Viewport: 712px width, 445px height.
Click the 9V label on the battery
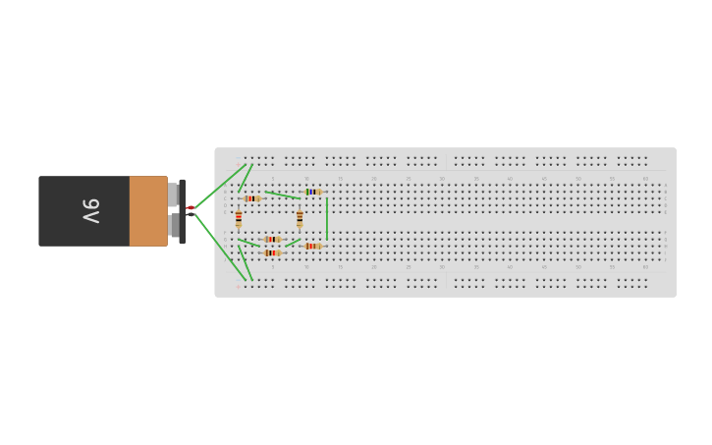[90, 210]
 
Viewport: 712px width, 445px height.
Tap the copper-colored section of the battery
[148, 210]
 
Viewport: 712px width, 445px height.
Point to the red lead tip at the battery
[191, 207]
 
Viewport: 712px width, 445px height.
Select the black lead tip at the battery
[191, 214]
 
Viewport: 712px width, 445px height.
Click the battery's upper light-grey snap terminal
[173, 195]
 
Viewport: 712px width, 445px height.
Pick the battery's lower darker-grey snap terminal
[174, 226]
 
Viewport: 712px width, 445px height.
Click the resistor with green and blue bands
[312, 192]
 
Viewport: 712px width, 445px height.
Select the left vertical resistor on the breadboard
[238, 219]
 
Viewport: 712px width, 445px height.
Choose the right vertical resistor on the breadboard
[300, 219]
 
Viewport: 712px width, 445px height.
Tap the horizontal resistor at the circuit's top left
[252, 198]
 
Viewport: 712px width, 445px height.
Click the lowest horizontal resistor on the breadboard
[272, 253]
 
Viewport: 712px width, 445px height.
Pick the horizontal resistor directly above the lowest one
[272, 240]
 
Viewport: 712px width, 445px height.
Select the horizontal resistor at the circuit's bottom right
[312, 246]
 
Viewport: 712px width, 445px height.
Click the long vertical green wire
[326, 218]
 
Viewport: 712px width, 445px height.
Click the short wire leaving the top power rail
[246, 178]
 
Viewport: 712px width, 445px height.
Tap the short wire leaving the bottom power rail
[246, 262]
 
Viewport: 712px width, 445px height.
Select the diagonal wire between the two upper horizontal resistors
[283, 195]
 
